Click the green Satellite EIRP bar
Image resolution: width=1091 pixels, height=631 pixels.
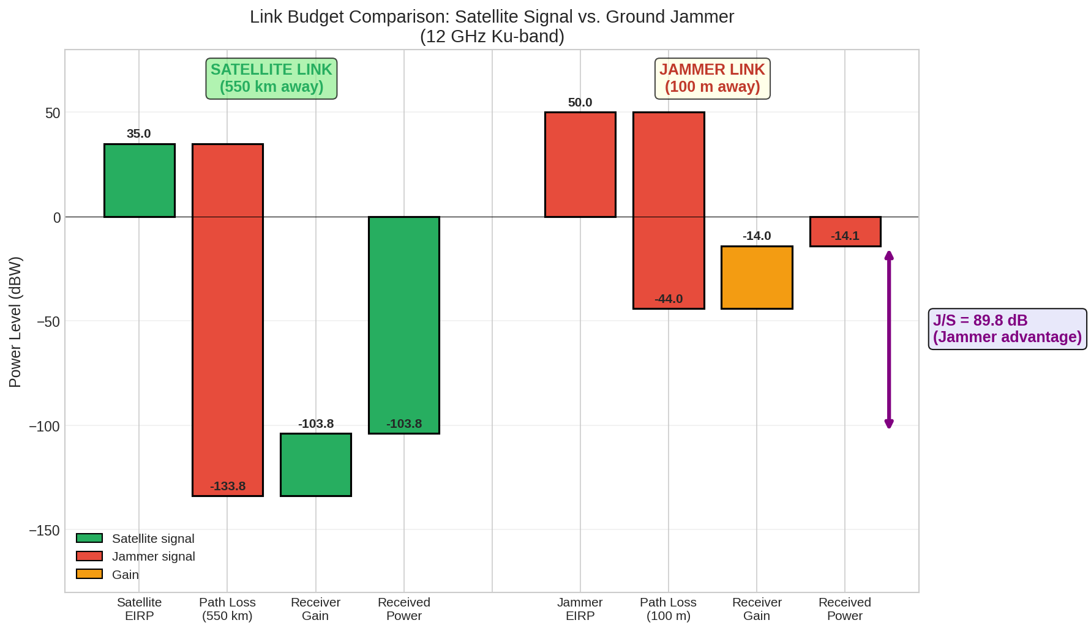point(140,181)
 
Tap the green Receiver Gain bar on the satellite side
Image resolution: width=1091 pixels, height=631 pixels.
point(316,465)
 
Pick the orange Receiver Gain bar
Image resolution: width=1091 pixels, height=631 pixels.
point(757,277)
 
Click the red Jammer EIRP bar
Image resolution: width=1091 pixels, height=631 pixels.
point(580,165)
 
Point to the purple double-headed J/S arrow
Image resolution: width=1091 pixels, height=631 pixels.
point(889,340)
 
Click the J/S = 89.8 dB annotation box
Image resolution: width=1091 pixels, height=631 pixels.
point(1007,329)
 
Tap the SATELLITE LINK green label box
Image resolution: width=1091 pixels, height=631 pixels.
point(271,78)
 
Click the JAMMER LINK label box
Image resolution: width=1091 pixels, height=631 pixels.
point(712,78)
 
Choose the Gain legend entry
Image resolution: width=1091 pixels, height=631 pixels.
point(108,575)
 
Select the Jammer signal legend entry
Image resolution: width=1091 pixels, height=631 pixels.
point(135,556)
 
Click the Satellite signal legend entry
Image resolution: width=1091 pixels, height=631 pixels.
point(135,539)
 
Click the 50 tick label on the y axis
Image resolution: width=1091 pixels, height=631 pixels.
point(53,113)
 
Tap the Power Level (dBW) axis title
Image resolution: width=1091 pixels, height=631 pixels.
point(15,322)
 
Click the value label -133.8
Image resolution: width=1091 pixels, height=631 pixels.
point(228,487)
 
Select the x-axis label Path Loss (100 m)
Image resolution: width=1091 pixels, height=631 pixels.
point(669,609)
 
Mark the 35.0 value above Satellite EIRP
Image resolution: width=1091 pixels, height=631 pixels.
point(139,134)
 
